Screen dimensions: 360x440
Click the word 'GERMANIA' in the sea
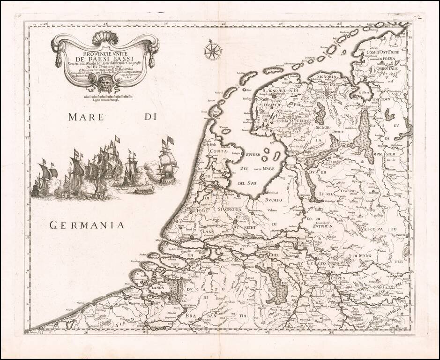click(87, 225)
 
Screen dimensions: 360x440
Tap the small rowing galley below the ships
click(144, 190)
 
